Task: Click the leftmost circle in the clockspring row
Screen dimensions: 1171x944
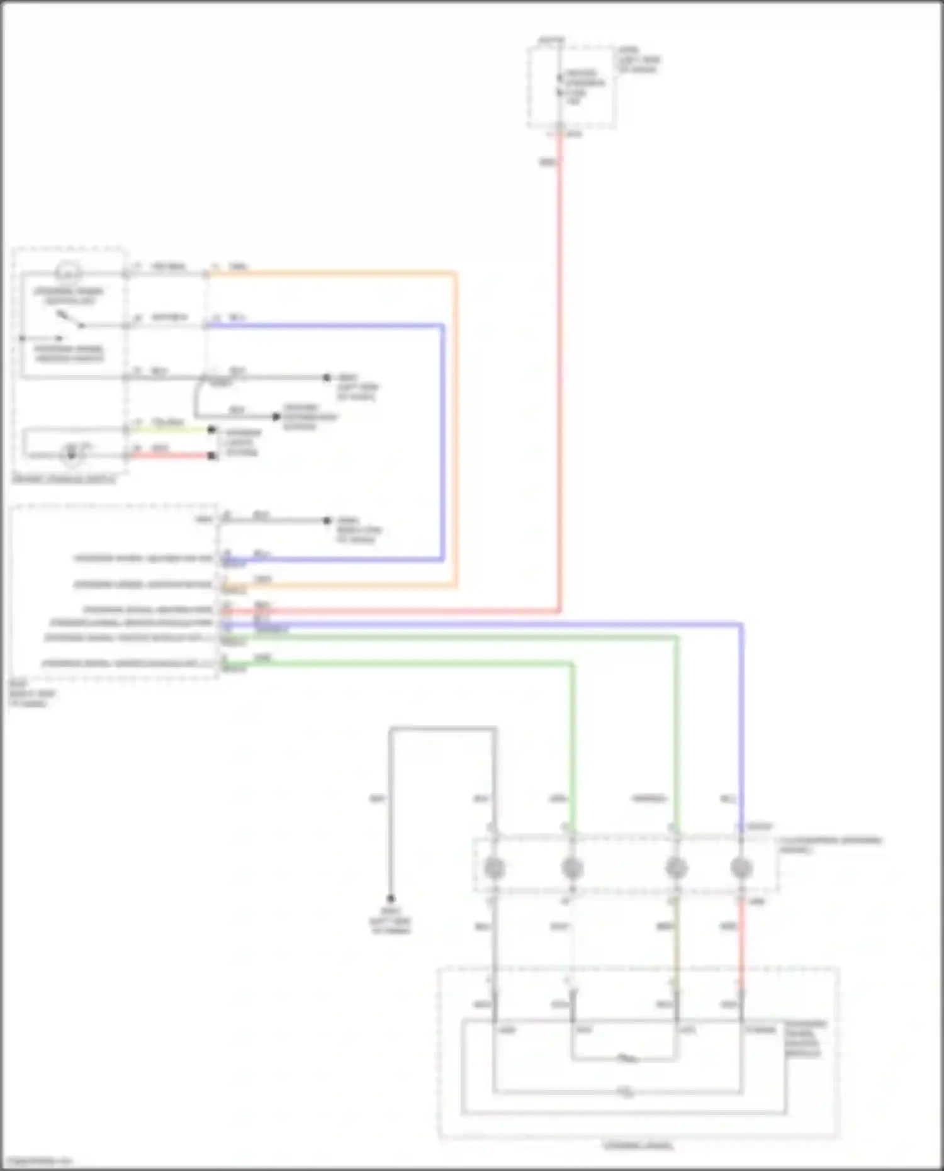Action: pyautogui.click(x=495, y=868)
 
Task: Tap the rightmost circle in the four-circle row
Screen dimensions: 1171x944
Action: pyautogui.click(x=741, y=868)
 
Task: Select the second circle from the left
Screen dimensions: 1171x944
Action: pyautogui.click(x=571, y=868)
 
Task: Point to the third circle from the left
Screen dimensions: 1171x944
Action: pyautogui.click(x=676, y=868)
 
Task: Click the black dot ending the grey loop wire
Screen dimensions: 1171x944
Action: pyautogui.click(x=391, y=899)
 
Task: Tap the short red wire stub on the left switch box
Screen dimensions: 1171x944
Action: pyautogui.click(x=170, y=455)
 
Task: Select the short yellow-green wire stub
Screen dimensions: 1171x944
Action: pyautogui.click(x=170, y=430)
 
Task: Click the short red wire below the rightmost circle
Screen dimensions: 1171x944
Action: pyautogui.click(x=741, y=938)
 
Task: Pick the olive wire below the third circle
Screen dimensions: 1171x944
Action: pyautogui.click(x=676, y=938)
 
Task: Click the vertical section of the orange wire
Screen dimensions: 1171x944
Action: pyautogui.click(x=455, y=428)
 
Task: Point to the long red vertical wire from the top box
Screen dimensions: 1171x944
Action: pyautogui.click(x=559, y=378)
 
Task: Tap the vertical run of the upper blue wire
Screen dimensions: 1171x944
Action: pyautogui.click(x=442, y=440)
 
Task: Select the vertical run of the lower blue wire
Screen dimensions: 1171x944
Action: pyautogui.click(x=741, y=724)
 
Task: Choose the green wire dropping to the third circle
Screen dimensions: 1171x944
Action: pyautogui.click(x=677, y=724)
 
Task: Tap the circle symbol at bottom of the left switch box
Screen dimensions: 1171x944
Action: pyautogui.click(x=72, y=454)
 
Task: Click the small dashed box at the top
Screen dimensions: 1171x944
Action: pyautogui.click(x=571, y=87)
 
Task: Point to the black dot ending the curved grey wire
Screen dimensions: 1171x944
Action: pyautogui.click(x=276, y=417)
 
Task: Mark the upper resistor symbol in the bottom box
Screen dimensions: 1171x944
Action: pyautogui.click(x=626, y=1059)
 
